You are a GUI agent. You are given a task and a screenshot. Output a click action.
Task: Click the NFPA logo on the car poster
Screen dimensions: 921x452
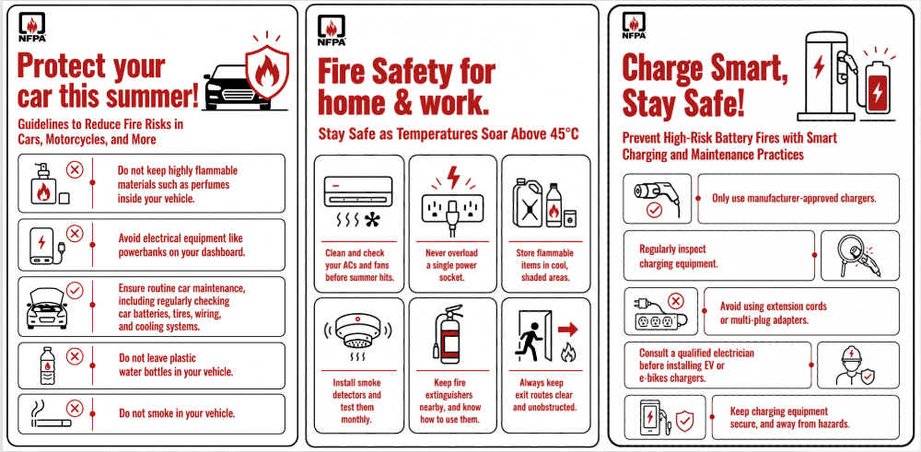click(32, 28)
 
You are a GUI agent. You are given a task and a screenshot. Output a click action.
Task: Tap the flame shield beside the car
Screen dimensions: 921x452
click(267, 73)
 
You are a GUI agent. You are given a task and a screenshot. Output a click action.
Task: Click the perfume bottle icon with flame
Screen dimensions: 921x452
click(43, 184)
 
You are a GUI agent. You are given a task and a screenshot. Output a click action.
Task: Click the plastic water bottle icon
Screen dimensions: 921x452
click(46, 365)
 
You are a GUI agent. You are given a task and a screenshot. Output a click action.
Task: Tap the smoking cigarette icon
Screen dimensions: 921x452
click(50, 415)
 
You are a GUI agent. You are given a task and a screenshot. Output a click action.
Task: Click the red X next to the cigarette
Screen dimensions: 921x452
click(75, 408)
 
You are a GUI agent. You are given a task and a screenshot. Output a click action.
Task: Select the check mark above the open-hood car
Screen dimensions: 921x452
click(75, 290)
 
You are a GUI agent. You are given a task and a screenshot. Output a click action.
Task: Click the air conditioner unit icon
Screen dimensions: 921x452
click(358, 202)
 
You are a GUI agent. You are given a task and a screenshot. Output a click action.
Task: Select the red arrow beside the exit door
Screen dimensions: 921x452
click(568, 330)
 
